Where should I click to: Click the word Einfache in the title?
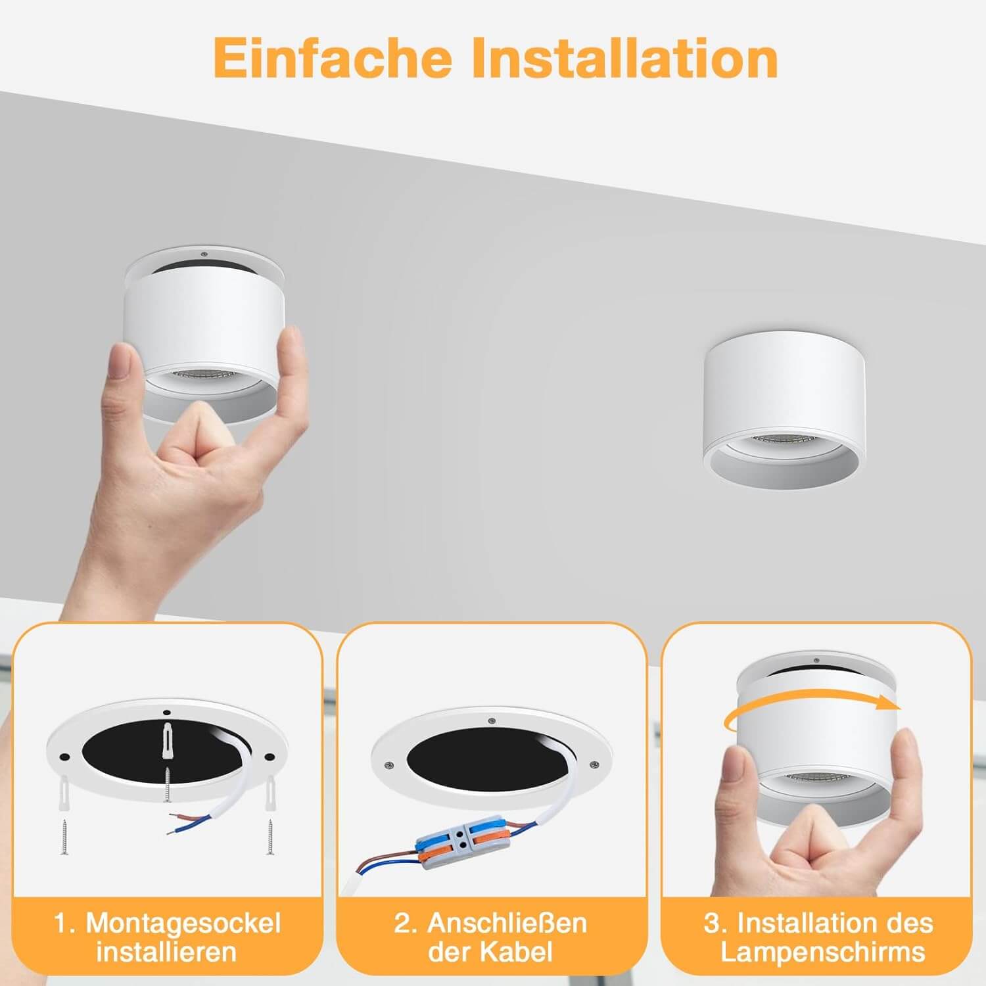tap(333, 58)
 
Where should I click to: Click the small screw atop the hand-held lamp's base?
tap(204, 252)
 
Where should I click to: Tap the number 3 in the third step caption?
tap(712, 923)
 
